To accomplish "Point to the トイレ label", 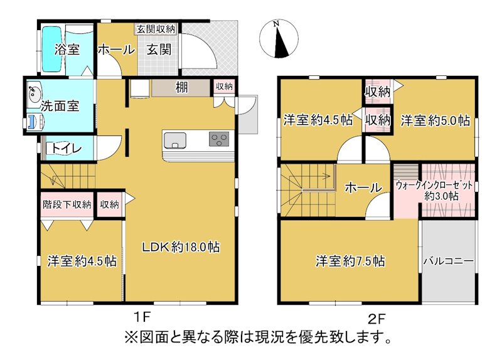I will pyautogui.click(x=65, y=149).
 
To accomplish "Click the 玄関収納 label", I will pyautogui.click(x=156, y=28).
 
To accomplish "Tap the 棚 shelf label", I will pyautogui.click(x=182, y=88).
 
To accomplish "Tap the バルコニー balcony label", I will pyautogui.click(x=447, y=261).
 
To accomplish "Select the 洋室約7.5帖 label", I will pyautogui.click(x=350, y=260).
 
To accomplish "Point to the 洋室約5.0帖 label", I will pyautogui.click(x=435, y=120).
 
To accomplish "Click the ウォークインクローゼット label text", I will pyautogui.click(x=434, y=186).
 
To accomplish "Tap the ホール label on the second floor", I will pyautogui.click(x=363, y=187).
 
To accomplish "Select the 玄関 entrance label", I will pyautogui.click(x=159, y=50).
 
